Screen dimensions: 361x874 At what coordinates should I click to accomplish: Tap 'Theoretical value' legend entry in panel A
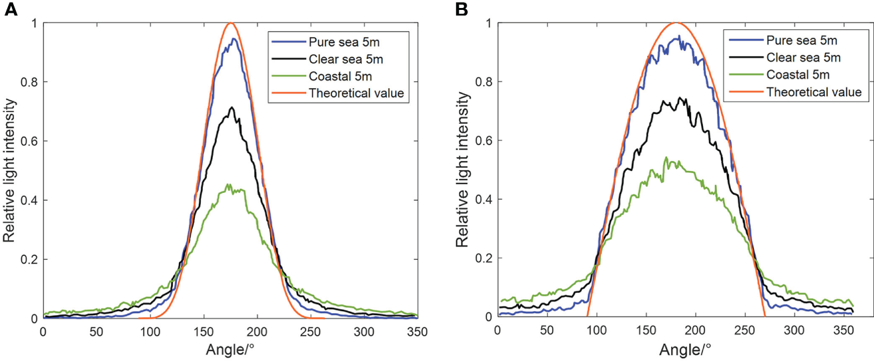pyautogui.click(x=356, y=93)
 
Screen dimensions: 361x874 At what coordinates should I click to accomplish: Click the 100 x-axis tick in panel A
pyautogui.click(x=150, y=330)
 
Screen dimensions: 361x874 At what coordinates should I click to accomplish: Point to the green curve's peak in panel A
pyautogui.click(x=229, y=184)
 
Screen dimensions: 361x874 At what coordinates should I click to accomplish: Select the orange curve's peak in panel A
pyautogui.click(x=230, y=23)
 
